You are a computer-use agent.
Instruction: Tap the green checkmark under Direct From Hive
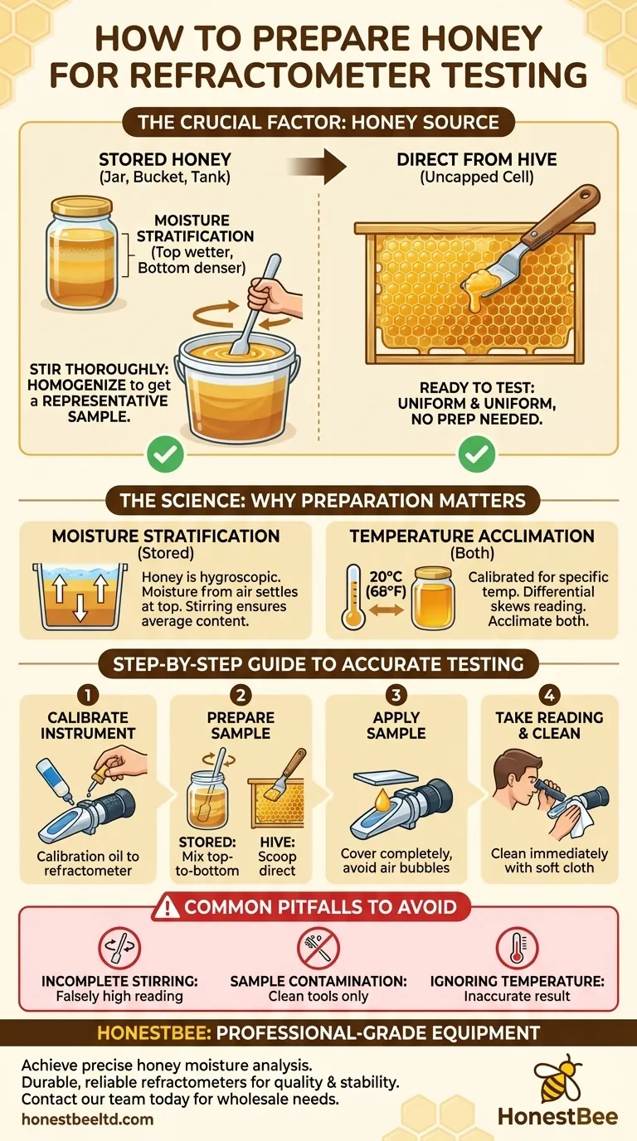pyautogui.click(x=477, y=454)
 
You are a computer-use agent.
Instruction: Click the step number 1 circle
pyautogui.click(x=86, y=694)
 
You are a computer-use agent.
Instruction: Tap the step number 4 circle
pyautogui.click(x=549, y=694)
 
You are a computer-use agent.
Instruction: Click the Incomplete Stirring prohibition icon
pyautogui.click(x=120, y=948)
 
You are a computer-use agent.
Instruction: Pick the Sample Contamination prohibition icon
pyautogui.click(x=318, y=948)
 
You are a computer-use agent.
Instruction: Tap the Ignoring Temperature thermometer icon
pyautogui.click(x=516, y=948)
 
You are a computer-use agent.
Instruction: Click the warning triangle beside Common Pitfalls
pyautogui.click(x=166, y=906)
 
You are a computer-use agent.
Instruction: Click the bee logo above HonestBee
pyautogui.click(x=557, y=1077)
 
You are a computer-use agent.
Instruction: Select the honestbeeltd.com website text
pyautogui.click(x=87, y=1119)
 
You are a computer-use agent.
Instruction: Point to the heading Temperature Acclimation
pyautogui.click(x=472, y=536)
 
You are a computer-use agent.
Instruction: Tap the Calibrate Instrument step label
pyautogui.click(x=86, y=726)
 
